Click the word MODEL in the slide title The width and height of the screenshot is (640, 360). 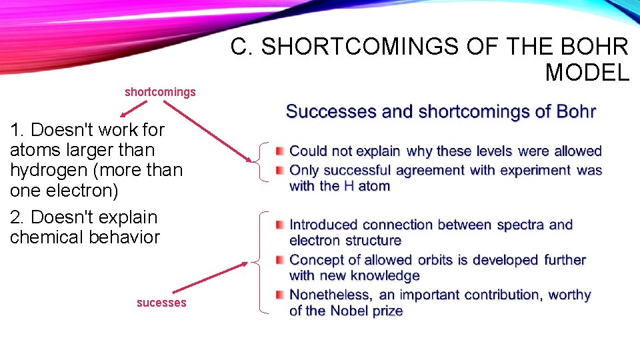[x=587, y=71]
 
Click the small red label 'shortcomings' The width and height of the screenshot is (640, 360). [x=160, y=92]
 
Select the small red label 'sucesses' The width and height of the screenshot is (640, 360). [x=161, y=303]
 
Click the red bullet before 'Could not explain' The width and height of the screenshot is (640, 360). [x=281, y=152]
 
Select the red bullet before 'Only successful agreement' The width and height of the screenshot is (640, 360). [x=281, y=171]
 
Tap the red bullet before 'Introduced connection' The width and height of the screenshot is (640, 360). [x=281, y=225]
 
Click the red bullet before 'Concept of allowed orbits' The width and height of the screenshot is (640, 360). [x=281, y=260]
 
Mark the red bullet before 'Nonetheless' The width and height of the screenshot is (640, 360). [x=281, y=295]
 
